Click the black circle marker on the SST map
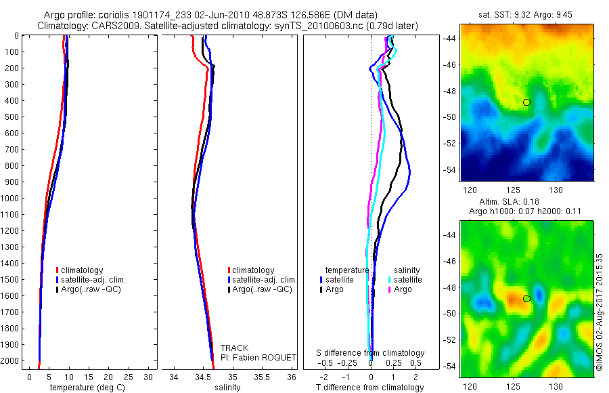pos(526,102)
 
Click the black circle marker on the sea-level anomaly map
pos(526,298)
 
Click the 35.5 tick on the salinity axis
pos(262,377)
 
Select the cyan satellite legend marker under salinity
pos(390,280)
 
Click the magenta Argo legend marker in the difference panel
pos(390,289)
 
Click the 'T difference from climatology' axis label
pos(370,388)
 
